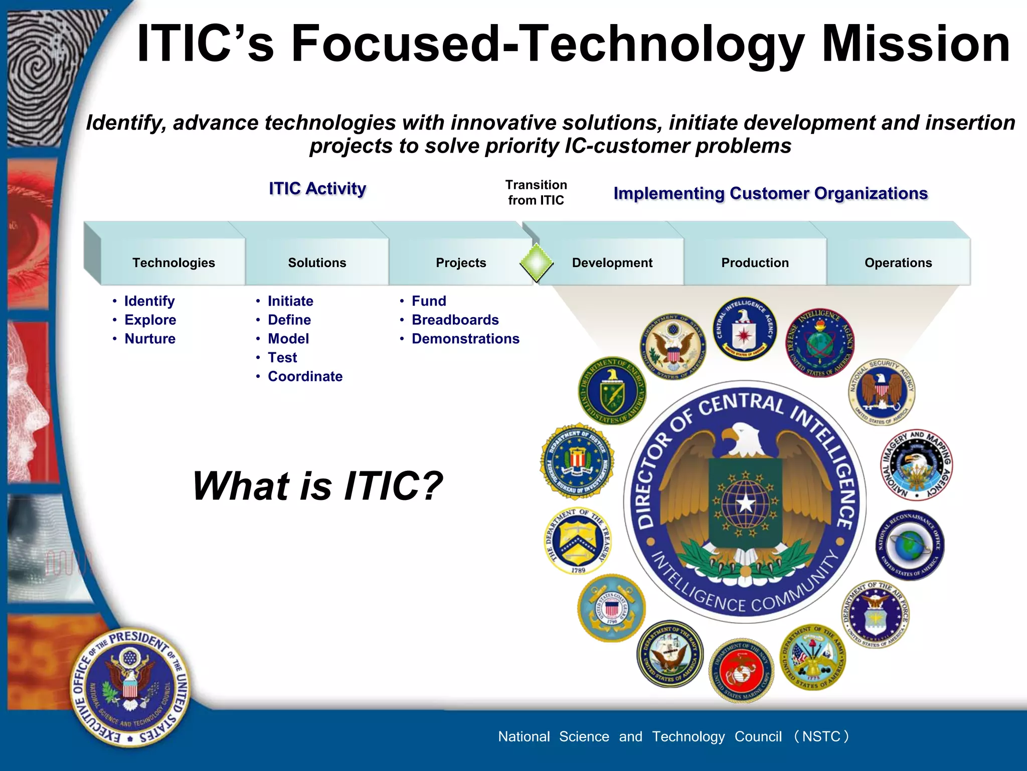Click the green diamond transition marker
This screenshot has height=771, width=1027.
pos(536,262)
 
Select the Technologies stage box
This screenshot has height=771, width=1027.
pos(174,263)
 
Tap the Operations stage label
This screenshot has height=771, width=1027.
pos(898,263)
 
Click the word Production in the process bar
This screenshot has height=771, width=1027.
pos(755,263)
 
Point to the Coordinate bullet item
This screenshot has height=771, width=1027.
pos(305,376)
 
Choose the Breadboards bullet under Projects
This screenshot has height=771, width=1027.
pos(455,320)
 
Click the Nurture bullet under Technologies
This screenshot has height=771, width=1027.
pos(150,339)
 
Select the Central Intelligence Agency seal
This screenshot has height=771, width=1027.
pos(744,329)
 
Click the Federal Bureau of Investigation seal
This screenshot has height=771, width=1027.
pos(577,461)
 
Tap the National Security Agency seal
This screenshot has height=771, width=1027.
pos(882,392)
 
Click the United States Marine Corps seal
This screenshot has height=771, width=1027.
pos(741,671)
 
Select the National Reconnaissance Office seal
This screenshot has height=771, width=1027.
pos(910,545)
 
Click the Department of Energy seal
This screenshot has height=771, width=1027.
pos(612,391)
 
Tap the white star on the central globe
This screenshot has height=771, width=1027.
pos(746,502)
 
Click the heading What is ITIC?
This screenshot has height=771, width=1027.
pos(317,486)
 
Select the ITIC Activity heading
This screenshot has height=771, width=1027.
pos(317,189)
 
